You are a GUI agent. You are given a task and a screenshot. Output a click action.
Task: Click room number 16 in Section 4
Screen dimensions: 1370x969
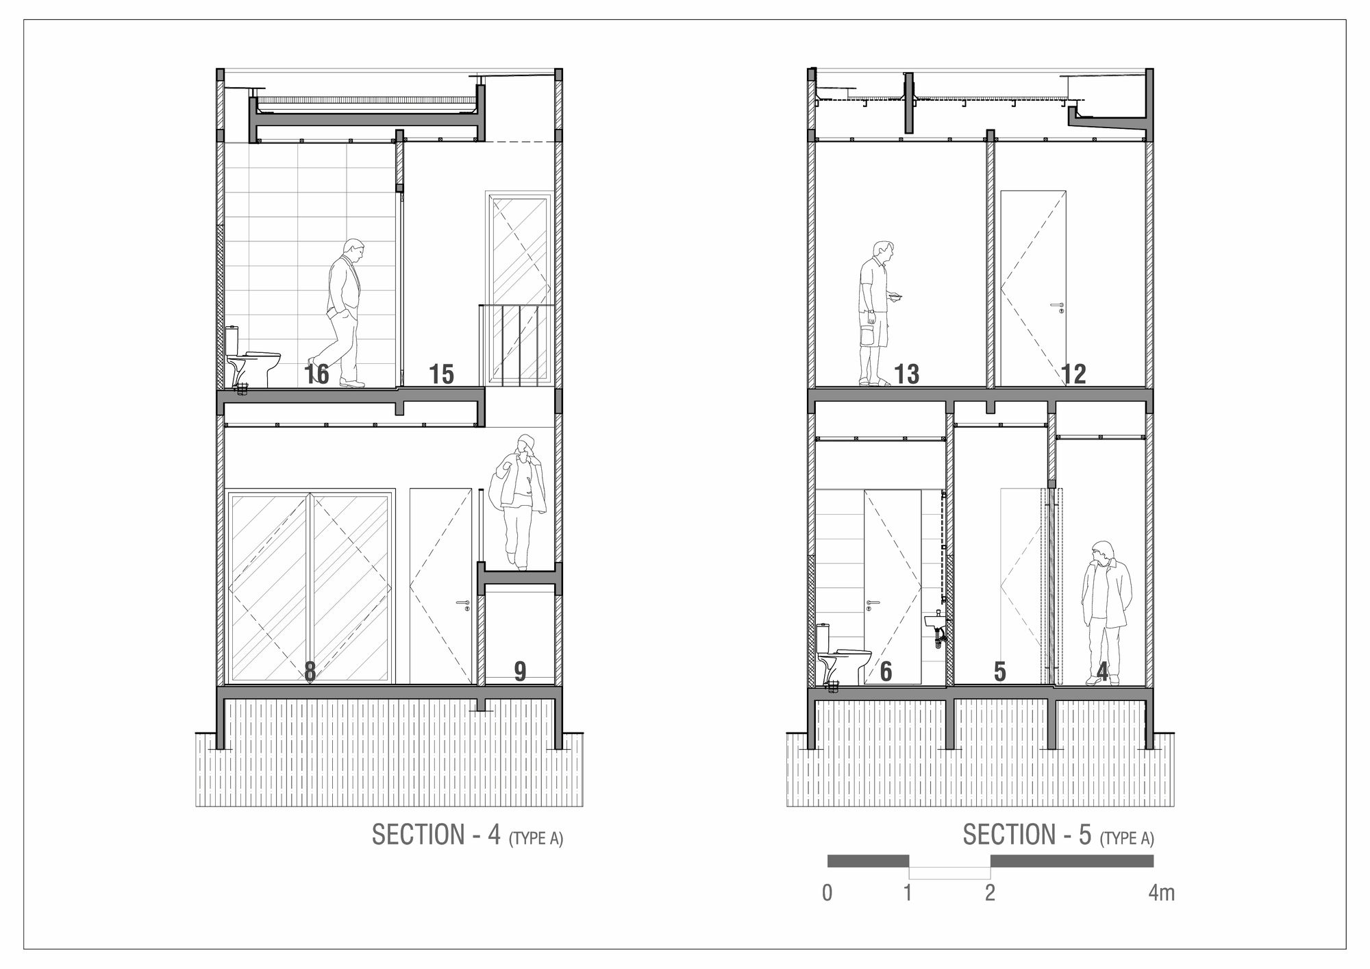[x=317, y=374]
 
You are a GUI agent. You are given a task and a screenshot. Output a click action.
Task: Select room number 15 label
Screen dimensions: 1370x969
[x=441, y=374]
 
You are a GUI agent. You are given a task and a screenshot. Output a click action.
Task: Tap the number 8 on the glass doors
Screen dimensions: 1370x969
[x=310, y=672]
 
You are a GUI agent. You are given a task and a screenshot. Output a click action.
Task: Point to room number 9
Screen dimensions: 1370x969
[x=520, y=672]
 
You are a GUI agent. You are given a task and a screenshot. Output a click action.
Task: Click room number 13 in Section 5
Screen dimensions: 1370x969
[x=906, y=374]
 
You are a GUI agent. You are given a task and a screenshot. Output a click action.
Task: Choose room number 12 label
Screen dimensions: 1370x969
[x=1073, y=374]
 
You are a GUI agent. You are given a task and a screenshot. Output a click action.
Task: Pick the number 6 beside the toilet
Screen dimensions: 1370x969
[x=886, y=672]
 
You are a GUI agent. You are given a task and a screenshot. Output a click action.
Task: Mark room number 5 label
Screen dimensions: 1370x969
[x=1000, y=672]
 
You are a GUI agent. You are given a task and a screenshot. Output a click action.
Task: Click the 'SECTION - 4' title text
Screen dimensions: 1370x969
[x=436, y=835]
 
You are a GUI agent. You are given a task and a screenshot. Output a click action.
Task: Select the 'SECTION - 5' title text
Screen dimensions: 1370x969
[x=1027, y=835]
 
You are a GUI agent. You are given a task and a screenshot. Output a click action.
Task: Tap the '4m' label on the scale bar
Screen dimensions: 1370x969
[x=1162, y=893]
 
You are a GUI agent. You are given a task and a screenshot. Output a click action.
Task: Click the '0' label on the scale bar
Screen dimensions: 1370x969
[x=827, y=893]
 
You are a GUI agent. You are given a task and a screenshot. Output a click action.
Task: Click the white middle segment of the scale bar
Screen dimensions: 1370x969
[x=949, y=873]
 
